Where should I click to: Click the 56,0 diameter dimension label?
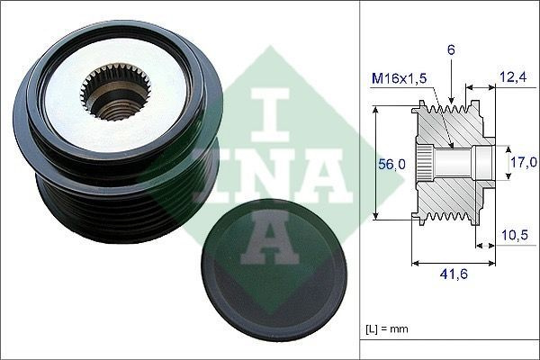(391, 165)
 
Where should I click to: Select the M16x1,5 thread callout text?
(399, 78)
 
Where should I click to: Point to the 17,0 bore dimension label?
(524, 162)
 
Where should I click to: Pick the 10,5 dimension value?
(515, 235)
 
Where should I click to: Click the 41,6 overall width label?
(454, 274)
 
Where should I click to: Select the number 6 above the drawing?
(451, 50)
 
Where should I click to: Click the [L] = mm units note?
(386, 328)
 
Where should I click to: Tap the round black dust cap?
(274, 270)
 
